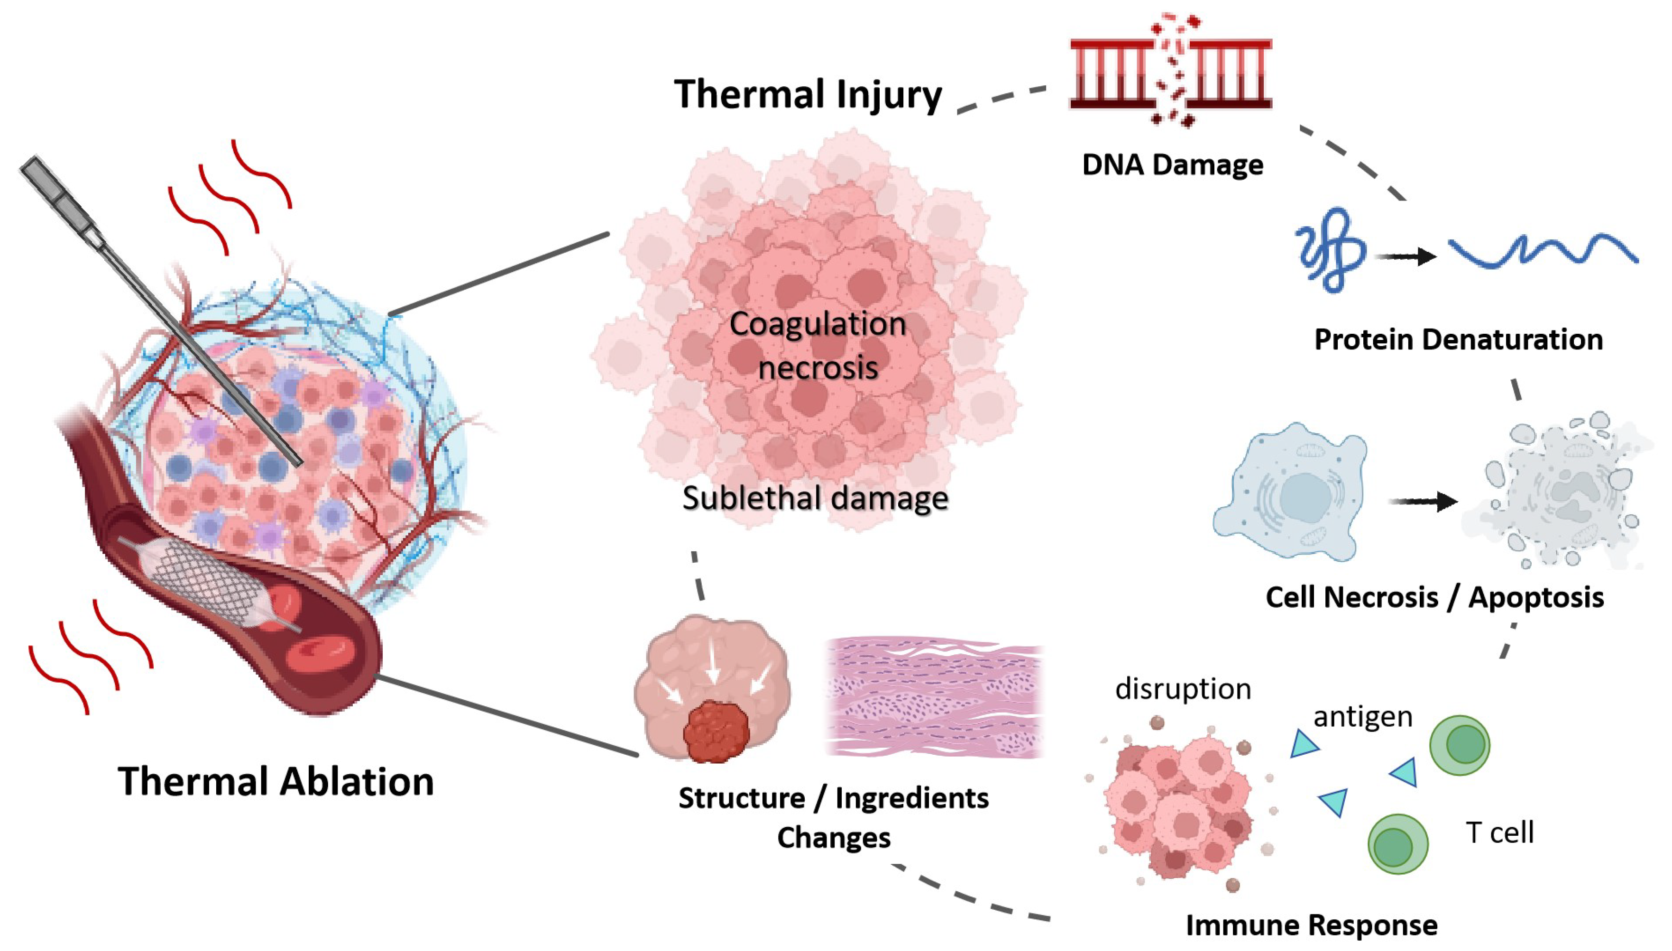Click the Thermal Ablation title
click(276, 781)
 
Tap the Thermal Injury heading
click(808, 94)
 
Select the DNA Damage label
click(1172, 165)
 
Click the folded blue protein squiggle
click(1331, 250)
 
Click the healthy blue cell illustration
click(1290, 493)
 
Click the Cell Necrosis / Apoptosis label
click(1434, 597)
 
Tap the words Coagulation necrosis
click(818, 346)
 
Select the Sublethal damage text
click(815, 498)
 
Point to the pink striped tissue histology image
click(934, 697)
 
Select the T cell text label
click(1499, 833)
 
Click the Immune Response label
click(1312, 925)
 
